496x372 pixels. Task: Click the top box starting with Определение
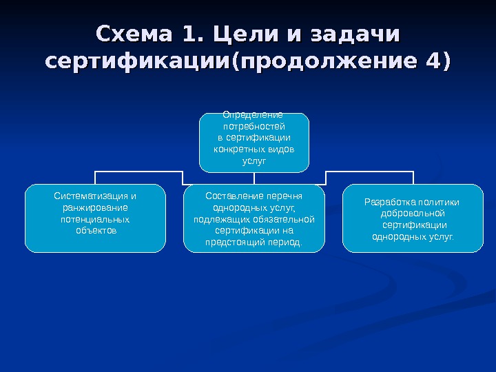tap(254, 143)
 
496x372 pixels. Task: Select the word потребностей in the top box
tap(254, 127)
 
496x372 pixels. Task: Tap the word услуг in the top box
tap(254, 161)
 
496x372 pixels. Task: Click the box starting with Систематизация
tap(95, 218)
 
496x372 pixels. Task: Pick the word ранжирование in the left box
tap(95, 207)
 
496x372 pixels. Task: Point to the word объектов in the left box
tap(95, 230)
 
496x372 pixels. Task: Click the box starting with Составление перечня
tap(254, 218)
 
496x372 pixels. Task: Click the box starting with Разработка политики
tap(413, 218)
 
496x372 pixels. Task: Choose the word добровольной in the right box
tap(413, 214)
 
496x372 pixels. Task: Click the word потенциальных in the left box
tap(95, 219)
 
